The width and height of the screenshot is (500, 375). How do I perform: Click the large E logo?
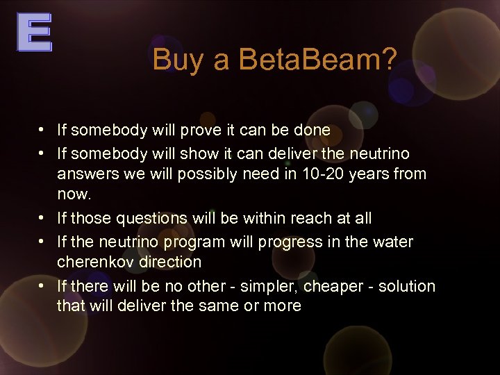(x=34, y=33)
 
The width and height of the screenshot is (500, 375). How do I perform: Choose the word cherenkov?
(x=91, y=262)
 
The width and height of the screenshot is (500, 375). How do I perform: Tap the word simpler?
(x=273, y=286)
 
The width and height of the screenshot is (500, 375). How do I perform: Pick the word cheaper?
(x=334, y=286)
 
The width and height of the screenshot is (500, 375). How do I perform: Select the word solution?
(x=408, y=286)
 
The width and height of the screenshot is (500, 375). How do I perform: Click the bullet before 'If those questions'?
(x=43, y=218)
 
